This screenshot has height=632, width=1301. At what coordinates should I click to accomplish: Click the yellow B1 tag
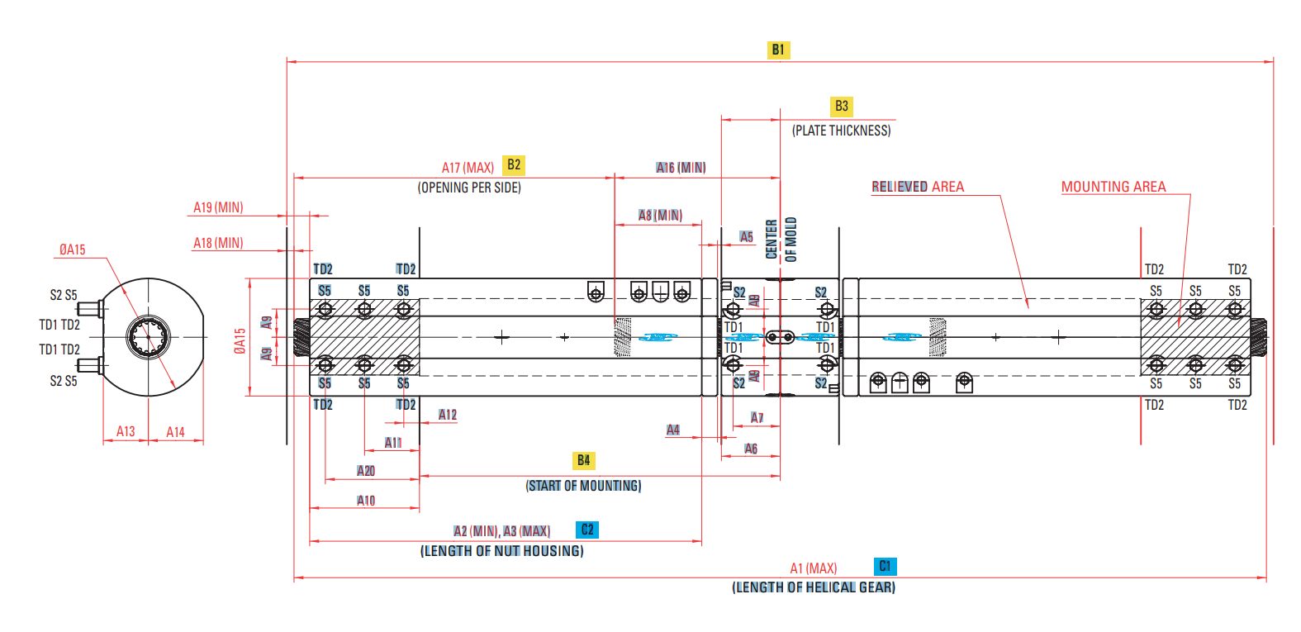point(778,50)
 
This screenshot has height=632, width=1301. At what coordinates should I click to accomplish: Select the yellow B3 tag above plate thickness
point(841,106)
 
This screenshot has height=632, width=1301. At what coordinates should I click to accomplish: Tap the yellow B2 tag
point(514,164)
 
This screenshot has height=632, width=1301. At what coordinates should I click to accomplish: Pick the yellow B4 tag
point(583,460)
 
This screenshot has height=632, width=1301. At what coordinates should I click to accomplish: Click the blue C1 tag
point(885,566)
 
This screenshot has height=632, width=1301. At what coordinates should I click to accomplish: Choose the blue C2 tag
point(587,530)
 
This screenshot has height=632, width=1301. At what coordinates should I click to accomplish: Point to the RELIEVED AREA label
point(918,187)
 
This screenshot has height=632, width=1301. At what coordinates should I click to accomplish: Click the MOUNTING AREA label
point(1113,187)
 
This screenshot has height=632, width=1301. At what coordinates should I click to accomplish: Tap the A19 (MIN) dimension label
point(218,207)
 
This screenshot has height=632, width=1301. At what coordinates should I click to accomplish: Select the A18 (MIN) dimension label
point(218,243)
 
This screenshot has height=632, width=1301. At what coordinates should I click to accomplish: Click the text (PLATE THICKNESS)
point(841,131)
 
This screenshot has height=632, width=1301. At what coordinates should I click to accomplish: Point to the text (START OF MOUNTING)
point(583,486)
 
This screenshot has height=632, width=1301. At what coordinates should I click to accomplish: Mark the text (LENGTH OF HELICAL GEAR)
point(813,587)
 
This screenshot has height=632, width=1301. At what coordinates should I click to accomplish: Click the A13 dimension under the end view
point(126,431)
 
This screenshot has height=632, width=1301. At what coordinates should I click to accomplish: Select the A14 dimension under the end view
point(175,431)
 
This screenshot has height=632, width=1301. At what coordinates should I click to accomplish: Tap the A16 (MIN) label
point(681,168)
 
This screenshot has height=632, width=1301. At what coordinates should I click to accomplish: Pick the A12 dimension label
point(447,415)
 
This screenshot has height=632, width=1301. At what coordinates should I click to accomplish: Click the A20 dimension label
point(366,471)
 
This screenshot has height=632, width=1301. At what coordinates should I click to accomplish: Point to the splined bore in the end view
point(149,337)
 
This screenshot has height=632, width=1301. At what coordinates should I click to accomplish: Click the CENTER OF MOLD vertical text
point(781,240)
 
